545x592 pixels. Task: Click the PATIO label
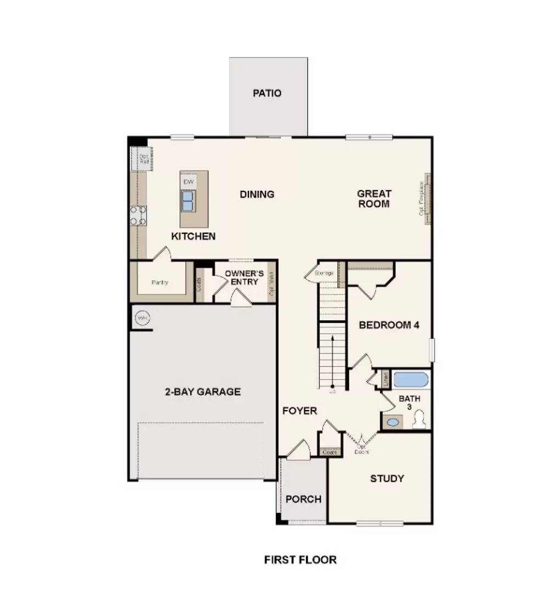pos(267,93)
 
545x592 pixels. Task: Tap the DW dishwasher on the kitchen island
pos(188,181)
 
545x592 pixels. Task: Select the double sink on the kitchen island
pos(188,201)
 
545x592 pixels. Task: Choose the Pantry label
pos(160,283)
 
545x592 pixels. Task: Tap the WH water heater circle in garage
pos(143,318)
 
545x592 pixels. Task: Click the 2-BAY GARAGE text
pos(203,392)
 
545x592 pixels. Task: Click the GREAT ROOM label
pos(374,198)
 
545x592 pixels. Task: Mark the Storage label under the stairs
pos(324,273)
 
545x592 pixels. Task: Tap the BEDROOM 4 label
pos(389,325)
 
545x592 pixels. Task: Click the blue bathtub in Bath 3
pos(411,380)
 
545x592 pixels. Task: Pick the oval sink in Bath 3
pos(393,423)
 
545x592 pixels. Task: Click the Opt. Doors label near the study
pos(362,449)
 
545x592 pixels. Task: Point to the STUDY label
pos(387,479)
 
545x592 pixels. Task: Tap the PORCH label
pos(303,499)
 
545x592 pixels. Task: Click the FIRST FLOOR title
pos(300,560)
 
